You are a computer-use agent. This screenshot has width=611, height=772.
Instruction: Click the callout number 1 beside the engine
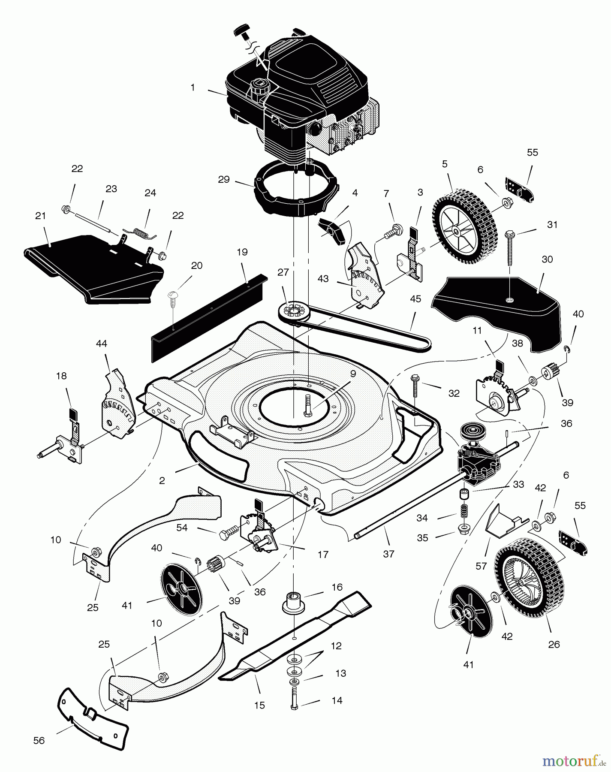193,87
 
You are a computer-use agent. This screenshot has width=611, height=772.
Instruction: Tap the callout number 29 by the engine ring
224,179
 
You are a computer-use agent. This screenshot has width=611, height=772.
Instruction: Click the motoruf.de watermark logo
574,760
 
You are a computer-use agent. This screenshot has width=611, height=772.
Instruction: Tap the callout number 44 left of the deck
102,344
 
